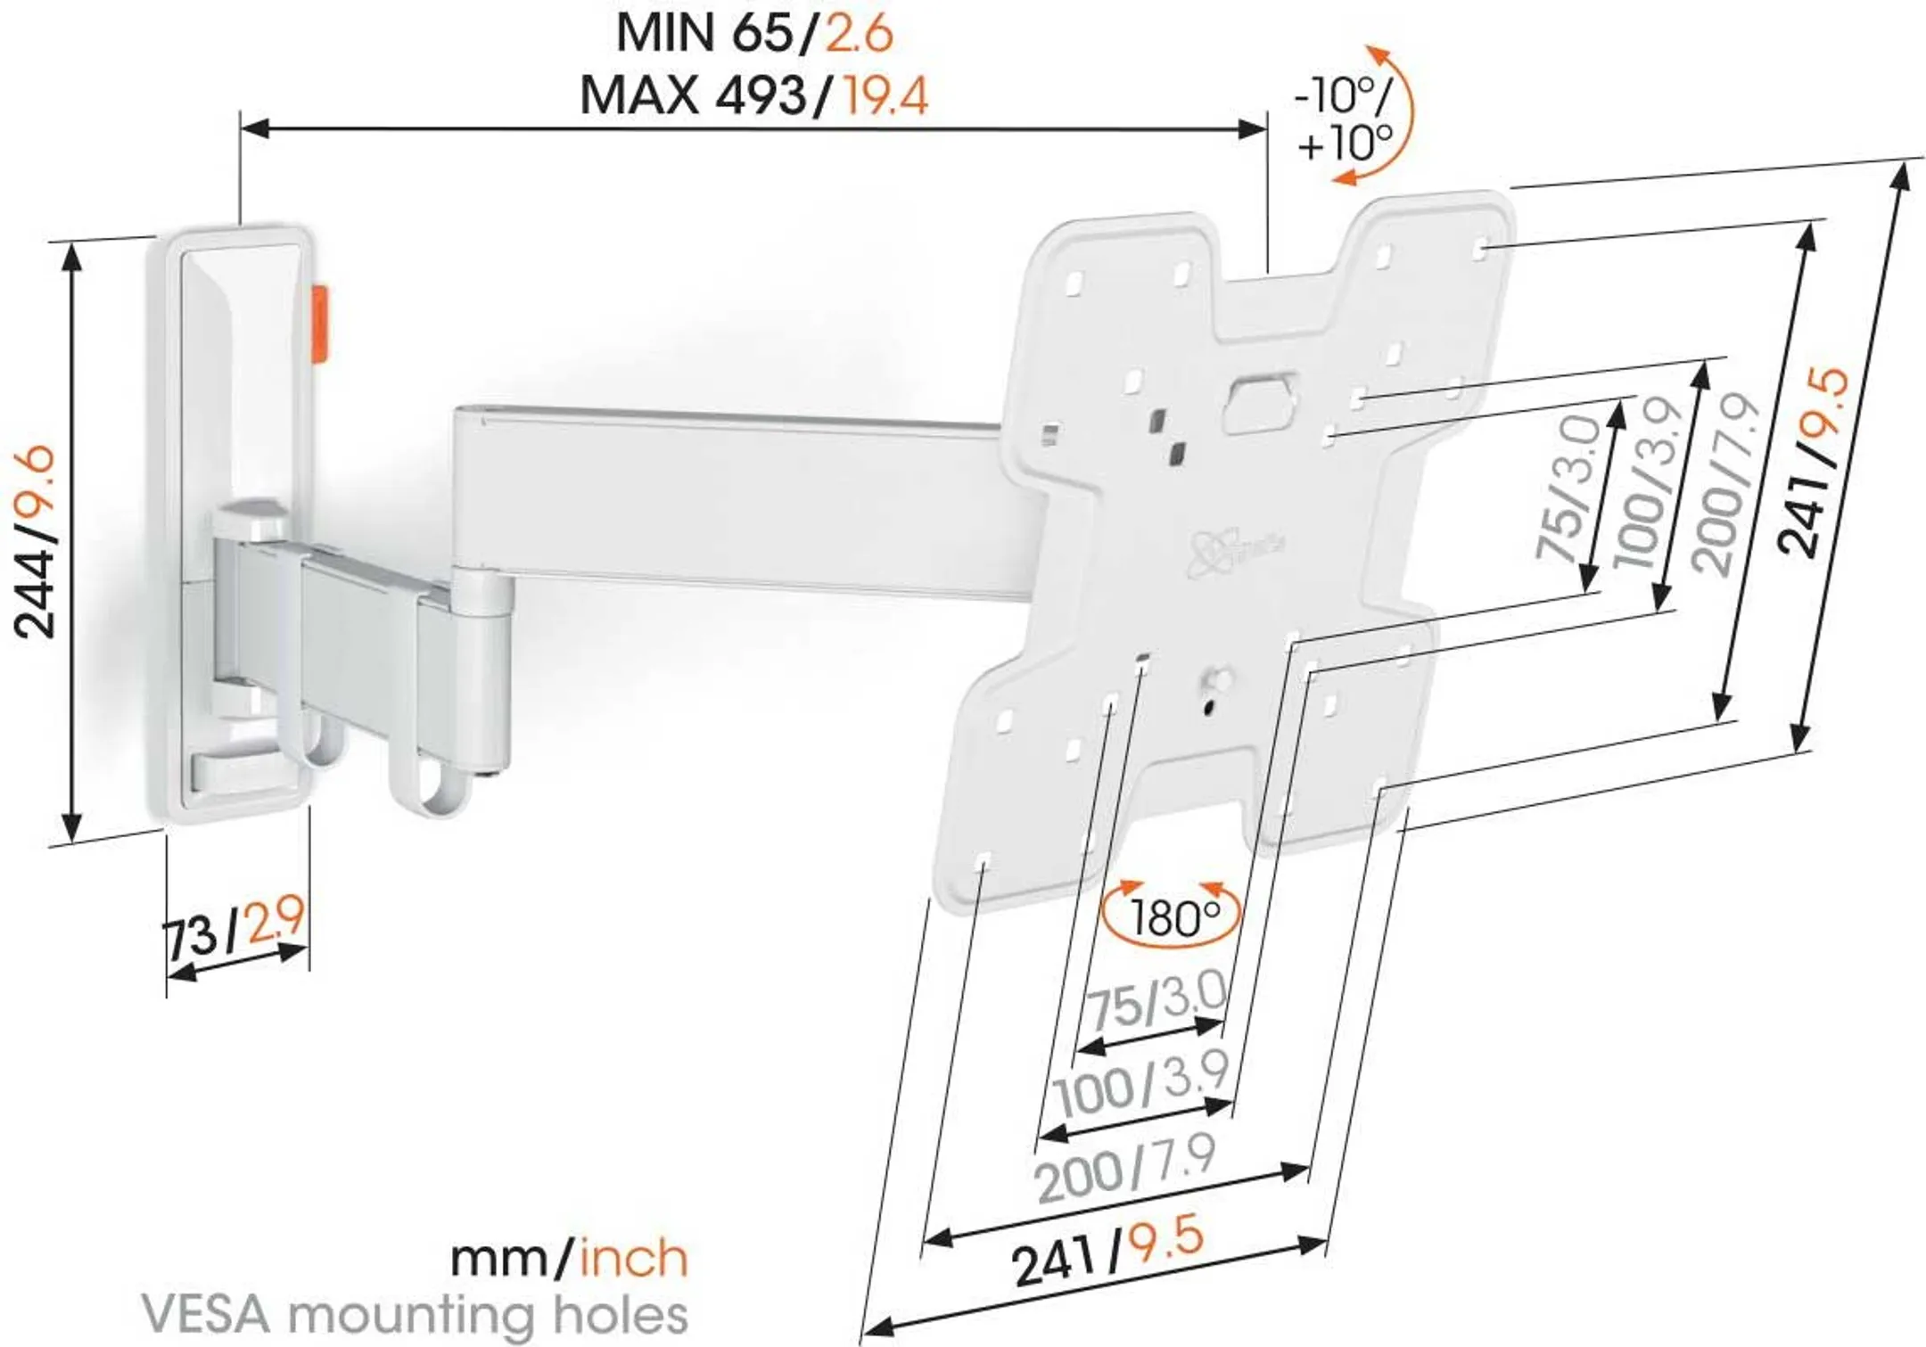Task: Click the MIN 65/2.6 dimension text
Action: click(x=753, y=34)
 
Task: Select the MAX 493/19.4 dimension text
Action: click(x=753, y=95)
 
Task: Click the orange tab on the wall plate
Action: click(x=319, y=325)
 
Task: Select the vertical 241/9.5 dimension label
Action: click(x=1815, y=464)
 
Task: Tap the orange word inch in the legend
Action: click(x=634, y=1258)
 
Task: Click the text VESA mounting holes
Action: click(x=415, y=1314)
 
